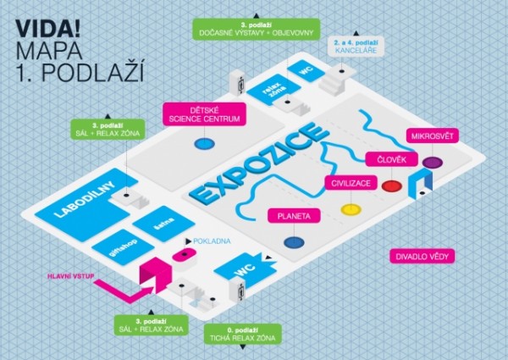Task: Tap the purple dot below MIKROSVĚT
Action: coord(431,161)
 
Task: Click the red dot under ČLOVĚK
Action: coord(391,186)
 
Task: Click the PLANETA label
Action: coord(293,216)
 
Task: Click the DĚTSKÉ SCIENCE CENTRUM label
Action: coord(204,114)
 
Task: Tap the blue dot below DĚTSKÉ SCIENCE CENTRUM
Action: coord(203,144)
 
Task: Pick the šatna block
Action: coord(163,224)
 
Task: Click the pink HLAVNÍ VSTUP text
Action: coord(71,274)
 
